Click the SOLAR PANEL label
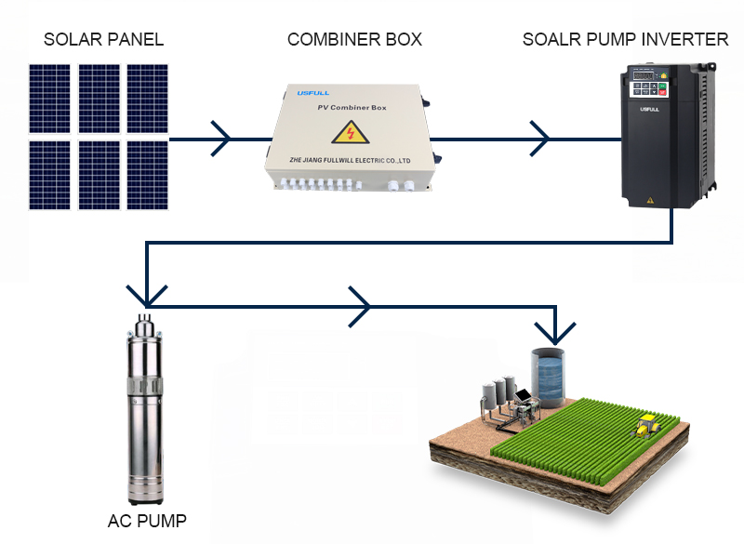[104, 39]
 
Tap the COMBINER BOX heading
[354, 39]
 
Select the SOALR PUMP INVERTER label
[625, 39]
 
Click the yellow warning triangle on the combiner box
[351, 132]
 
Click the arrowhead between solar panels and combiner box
[222, 139]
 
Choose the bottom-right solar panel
[147, 173]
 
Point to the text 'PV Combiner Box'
[351, 110]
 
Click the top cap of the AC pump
[145, 325]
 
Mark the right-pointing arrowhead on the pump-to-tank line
[361, 305]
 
